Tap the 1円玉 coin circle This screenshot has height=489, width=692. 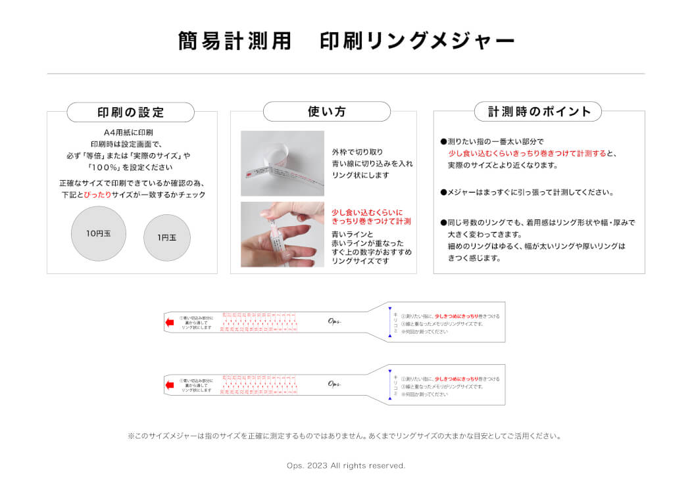[167, 237]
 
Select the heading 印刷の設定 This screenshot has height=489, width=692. [130, 112]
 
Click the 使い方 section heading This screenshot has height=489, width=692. [326, 112]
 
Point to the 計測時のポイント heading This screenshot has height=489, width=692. [539, 112]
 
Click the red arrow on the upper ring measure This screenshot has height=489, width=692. [169, 322]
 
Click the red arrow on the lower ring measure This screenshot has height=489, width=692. [169, 384]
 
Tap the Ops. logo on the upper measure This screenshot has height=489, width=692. [335, 321]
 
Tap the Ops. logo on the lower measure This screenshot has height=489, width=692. [335, 384]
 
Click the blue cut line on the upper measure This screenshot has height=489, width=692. [389, 322]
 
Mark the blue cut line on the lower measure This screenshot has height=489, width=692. [389, 384]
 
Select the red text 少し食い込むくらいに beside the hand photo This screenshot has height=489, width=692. [367, 212]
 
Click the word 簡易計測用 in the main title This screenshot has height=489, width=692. [234, 41]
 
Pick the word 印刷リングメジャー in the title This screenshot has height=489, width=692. [417, 41]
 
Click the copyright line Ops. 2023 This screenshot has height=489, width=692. [346, 465]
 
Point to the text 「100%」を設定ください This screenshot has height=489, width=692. [131, 167]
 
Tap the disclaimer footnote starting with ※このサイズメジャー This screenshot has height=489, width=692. [345, 436]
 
